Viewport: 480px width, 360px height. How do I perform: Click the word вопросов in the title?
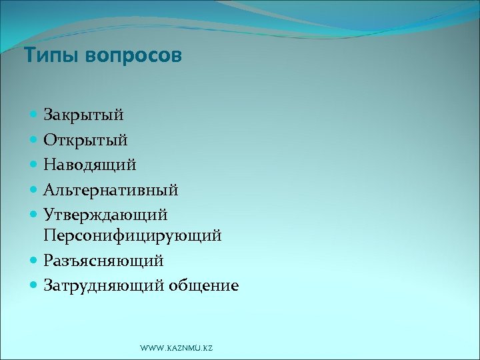(x=133, y=56)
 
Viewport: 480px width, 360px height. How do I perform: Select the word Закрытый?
(x=83, y=115)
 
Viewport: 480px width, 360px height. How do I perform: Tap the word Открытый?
(x=85, y=140)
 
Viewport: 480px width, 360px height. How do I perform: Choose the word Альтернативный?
(x=111, y=190)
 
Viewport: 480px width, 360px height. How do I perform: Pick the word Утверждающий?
(x=105, y=215)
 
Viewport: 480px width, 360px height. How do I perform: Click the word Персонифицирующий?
(x=133, y=236)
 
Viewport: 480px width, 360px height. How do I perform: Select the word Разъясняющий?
(x=103, y=261)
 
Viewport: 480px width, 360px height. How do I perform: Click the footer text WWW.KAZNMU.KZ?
(x=177, y=349)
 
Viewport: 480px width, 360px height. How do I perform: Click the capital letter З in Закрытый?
(x=49, y=115)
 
